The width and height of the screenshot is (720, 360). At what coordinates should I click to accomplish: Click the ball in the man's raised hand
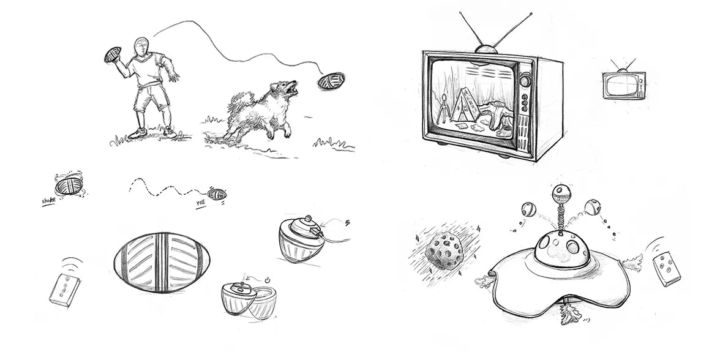click(x=113, y=54)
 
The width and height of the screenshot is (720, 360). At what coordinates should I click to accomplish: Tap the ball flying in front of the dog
click(x=331, y=81)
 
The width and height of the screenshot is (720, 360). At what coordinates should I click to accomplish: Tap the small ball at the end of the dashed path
click(x=217, y=194)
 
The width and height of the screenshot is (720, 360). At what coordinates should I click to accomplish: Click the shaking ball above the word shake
click(x=69, y=186)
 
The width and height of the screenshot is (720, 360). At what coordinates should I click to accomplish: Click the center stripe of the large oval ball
click(x=162, y=262)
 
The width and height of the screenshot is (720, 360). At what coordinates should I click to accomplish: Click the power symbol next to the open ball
click(x=267, y=279)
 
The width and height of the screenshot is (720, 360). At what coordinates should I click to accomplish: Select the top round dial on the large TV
click(x=525, y=81)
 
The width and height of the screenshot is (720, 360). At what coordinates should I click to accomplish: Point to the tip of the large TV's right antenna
click(x=531, y=14)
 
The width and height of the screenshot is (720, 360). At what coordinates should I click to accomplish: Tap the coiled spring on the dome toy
click(x=561, y=216)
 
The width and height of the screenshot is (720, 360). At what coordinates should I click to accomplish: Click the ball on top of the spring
click(x=561, y=193)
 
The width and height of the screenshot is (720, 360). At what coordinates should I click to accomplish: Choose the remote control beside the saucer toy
click(x=667, y=269)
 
